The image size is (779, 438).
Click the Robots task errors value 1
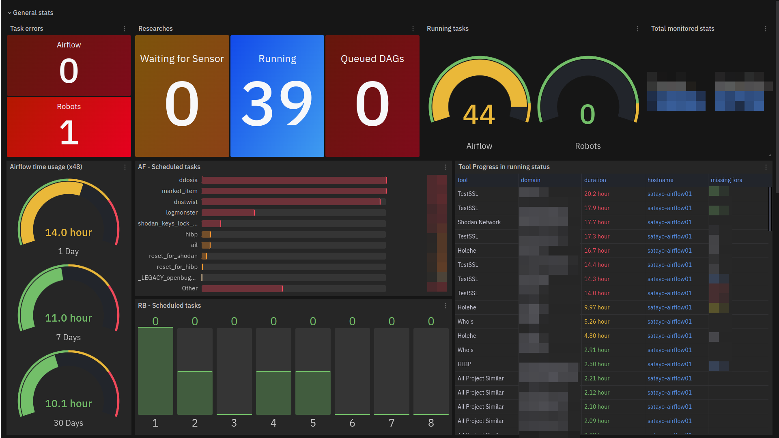point(69,133)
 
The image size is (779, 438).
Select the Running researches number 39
point(277,103)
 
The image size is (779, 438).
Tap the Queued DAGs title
point(372,59)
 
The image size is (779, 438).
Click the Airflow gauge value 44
point(479,114)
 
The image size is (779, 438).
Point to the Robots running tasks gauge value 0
point(587,114)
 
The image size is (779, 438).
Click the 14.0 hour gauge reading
point(69,232)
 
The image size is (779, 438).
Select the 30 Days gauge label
point(69,423)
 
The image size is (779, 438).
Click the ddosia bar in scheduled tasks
point(294,180)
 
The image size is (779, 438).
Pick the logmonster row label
point(181,213)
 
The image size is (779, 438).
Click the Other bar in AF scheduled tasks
point(242,288)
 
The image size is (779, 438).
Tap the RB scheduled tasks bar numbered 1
point(155,371)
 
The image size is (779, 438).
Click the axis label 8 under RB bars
point(431,423)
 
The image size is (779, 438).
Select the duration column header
point(595,180)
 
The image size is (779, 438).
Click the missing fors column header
point(726,180)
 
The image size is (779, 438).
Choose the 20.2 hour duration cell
point(597,194)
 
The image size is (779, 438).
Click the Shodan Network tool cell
point(479,222)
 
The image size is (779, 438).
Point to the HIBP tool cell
point(465,364)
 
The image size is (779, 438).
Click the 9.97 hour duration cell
point(597,307)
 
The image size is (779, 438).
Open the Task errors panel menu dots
point(125,29)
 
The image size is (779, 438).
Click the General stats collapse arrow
point(10,13)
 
